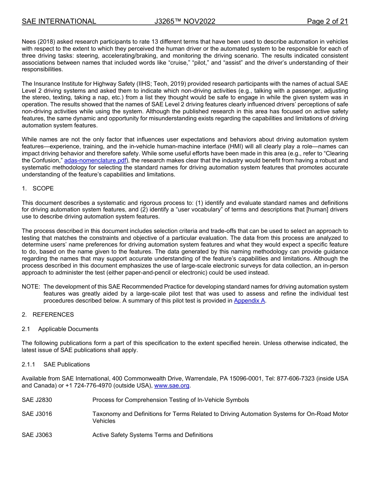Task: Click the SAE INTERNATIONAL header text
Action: point(59,21)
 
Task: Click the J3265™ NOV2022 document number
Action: point(185,21)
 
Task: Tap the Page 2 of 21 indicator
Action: point(327,21)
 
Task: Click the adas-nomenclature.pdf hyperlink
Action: point(95,160)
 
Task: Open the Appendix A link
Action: point(249,301)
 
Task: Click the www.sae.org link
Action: point(172,386)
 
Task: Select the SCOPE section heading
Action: point(43,188)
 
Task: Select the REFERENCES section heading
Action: point(53,315)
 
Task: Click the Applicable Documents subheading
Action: point(68,329)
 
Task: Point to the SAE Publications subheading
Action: point(67,365)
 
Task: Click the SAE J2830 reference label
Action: point(37,400)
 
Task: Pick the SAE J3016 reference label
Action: point(37,414)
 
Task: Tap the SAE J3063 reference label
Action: point(37,435)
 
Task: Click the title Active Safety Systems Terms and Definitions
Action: point(152,435)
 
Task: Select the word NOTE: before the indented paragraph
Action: point(31,287)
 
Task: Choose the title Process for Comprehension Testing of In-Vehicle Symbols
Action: point(171,400)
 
